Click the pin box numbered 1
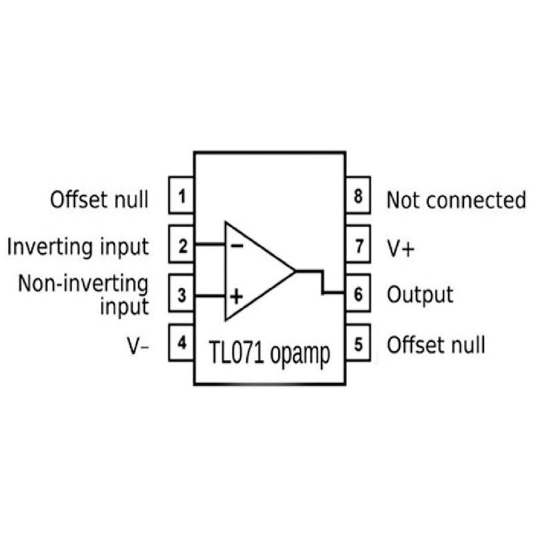(182, 196)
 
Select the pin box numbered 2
(182, 244)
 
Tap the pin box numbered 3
(182, 294)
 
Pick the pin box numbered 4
(182, 343)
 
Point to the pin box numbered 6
(358, 294)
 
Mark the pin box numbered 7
(358, 245)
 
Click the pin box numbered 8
(358, 196)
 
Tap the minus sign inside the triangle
(236, 244)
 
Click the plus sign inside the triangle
(236, 294)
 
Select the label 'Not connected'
(456, 199)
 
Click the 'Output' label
(420, 294)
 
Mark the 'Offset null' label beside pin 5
(436, 344)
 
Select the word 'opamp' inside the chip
(300, 355)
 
